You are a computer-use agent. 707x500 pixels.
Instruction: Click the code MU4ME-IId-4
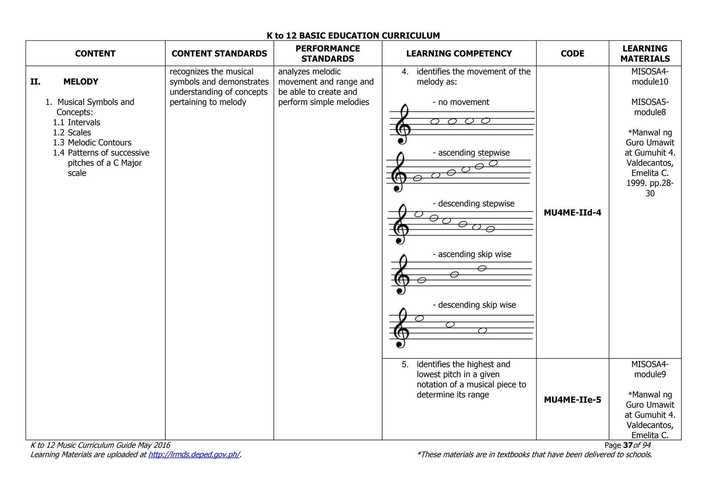tap(572, 213)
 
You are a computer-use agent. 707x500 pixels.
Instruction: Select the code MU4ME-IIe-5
tap(572, 400)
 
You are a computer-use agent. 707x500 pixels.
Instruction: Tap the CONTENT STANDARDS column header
tap(219, 54)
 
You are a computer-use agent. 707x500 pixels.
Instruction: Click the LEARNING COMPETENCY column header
tap(459, 54)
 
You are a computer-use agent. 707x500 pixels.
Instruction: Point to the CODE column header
tap(572, 54)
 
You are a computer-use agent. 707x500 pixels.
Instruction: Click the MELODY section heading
tap(81, 82)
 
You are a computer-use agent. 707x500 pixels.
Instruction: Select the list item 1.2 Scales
tap(72, 133)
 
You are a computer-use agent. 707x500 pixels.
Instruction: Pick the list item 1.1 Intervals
tap(76, 123)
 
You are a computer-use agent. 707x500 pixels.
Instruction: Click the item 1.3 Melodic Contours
tap(92, 143)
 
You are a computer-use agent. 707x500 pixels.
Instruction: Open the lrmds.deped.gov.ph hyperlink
tap(194, 455)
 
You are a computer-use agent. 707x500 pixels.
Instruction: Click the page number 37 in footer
tap(628, 445)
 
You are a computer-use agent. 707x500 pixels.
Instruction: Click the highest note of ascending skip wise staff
tap(482, 268)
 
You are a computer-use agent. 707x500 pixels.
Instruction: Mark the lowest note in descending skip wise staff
tap(483, 331)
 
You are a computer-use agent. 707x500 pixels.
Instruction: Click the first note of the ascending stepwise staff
tap(418, 178)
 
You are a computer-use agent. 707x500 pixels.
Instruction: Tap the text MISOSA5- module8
tap(650, 107)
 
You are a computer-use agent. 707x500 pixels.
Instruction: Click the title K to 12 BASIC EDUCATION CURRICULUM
tap(353, 36)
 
